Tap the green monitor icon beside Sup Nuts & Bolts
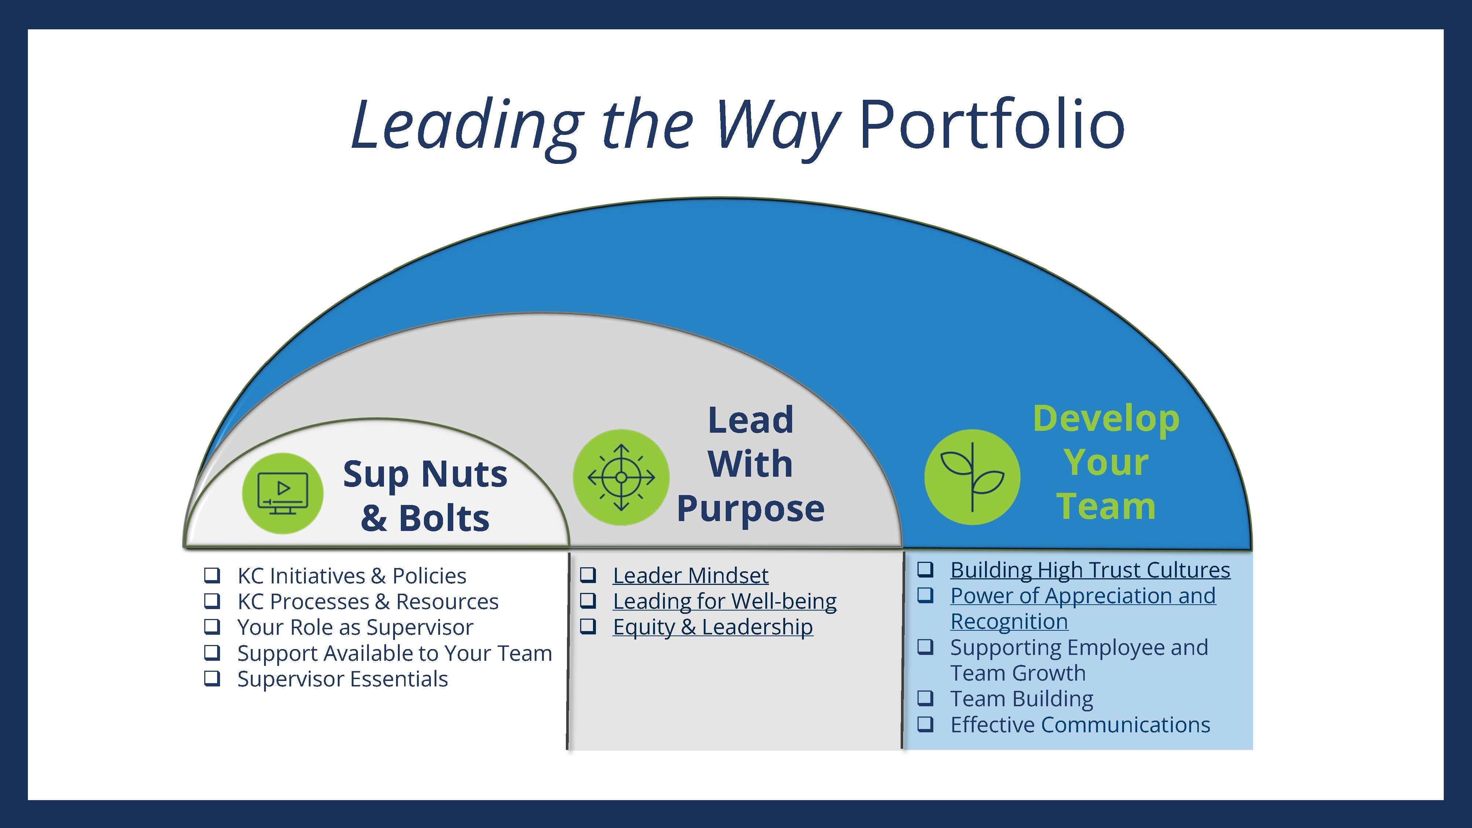[283, 493]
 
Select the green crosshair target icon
[621, 477]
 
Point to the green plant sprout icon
[972, 477]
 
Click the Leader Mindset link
[690, 575]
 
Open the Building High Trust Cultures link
[1090, 570]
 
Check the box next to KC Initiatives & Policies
[212, 575]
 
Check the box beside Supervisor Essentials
[212, 678]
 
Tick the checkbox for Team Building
[925, 698]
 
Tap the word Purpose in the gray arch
[750, 509]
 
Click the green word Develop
[1106, 419]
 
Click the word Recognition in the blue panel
[1009, 622]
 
